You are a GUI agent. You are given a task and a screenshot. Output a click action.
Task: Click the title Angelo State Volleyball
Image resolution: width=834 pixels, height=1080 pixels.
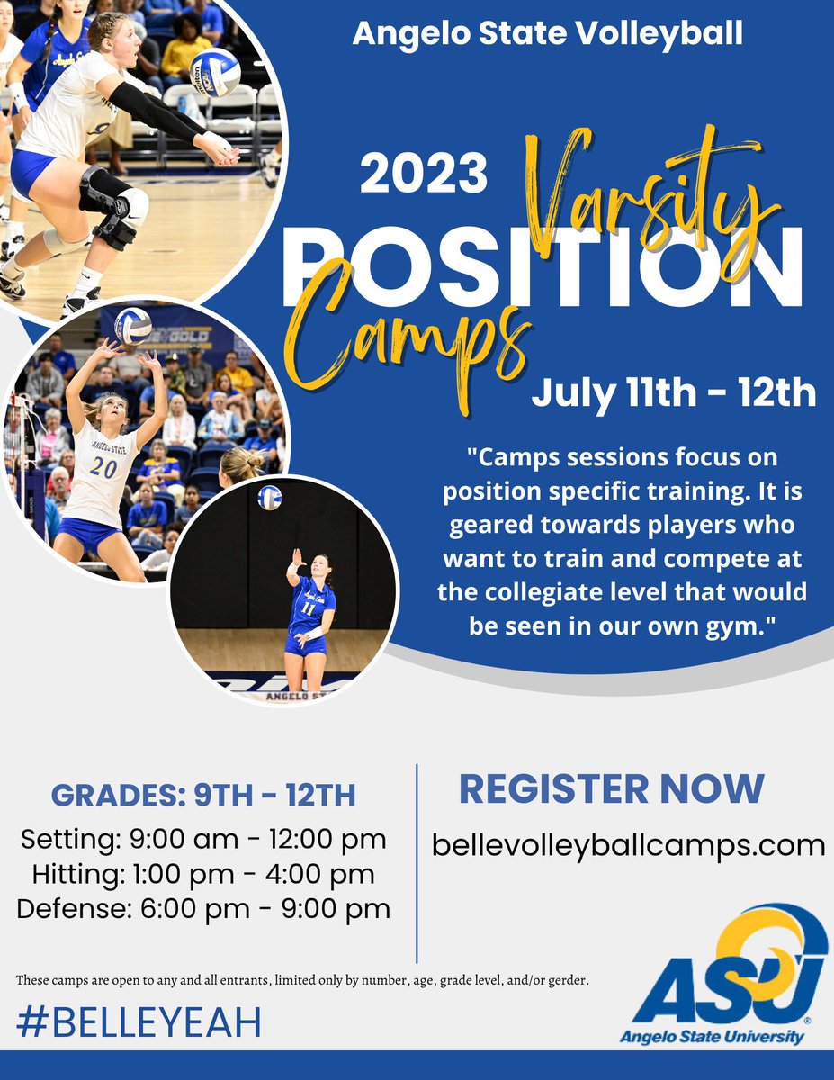[547, 34]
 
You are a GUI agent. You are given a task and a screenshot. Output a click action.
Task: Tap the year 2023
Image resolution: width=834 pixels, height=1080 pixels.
[424, 173]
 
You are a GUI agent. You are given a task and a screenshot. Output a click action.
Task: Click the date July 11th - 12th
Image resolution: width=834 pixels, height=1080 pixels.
[674, 392]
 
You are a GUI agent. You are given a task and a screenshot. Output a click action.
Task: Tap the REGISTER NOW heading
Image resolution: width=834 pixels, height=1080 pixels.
[612, 788]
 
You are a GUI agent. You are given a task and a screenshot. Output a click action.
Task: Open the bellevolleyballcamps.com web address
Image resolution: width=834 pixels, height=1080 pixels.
[628, 845]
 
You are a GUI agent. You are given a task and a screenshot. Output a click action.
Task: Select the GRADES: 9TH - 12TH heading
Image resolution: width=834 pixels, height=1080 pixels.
[203, 796]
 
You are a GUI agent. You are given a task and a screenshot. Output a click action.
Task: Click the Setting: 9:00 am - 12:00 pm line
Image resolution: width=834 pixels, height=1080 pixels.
[203, 840]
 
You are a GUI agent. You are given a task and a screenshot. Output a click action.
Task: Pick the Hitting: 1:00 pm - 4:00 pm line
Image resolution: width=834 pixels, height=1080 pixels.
[203, 874]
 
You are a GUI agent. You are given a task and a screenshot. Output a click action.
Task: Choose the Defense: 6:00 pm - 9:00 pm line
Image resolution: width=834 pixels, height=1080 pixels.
[203, 908]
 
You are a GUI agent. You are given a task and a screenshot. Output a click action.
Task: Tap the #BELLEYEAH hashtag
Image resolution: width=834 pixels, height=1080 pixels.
[139, 1022]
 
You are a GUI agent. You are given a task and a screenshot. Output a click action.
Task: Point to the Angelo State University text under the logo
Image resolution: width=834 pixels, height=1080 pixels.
[711, 1037]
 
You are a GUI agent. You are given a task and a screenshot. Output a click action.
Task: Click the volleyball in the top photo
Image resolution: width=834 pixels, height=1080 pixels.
[215, 72]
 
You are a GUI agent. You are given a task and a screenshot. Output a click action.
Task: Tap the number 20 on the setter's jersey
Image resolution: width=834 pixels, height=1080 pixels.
[103, 467]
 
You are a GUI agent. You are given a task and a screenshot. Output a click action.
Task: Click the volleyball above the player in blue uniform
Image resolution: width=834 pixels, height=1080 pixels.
[270, 497]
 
